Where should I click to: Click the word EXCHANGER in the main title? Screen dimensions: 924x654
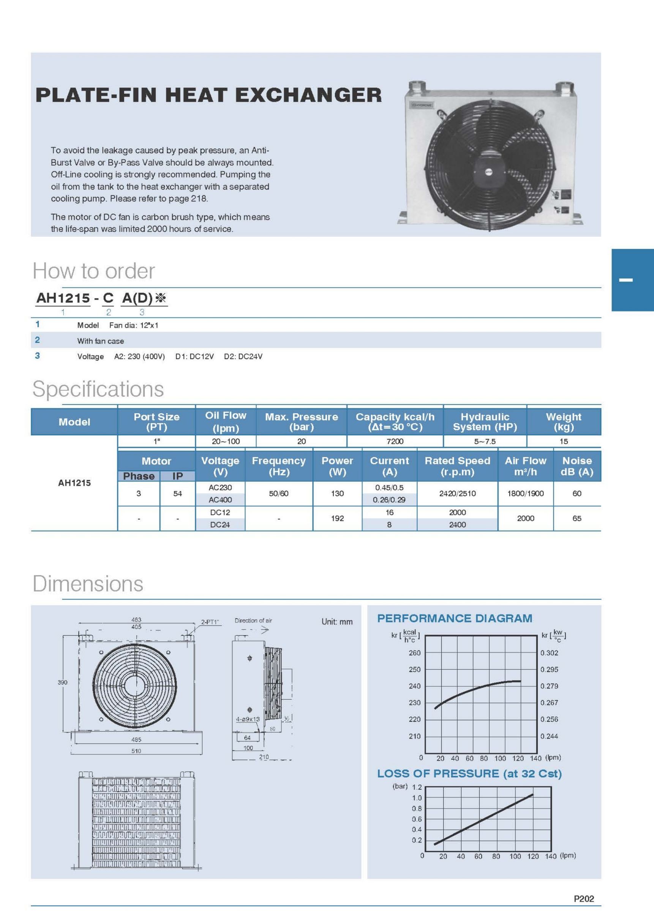tap(308, 95)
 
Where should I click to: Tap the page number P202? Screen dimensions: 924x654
tap(583, 899)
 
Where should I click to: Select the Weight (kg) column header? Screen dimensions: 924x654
tap(563, 422)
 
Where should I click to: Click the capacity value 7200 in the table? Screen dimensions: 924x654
tap(395, 441)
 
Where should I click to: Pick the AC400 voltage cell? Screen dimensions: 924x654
tap(220, 500)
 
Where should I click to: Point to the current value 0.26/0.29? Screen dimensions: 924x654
tap(389, 500)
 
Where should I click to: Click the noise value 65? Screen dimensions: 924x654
tap(577, 518)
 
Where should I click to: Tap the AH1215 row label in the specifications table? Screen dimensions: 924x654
tap(74, 483)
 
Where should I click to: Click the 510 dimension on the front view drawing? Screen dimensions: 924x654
tap(136, 751)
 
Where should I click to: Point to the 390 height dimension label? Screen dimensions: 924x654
tap(62, 682)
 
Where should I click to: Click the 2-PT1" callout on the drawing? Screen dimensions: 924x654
tap(210, 622)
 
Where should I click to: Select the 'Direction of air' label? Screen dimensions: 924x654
tap(253, 620)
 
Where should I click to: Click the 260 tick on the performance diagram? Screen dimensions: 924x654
tap(414, 653)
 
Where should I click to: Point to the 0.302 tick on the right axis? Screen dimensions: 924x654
tap(549, 653)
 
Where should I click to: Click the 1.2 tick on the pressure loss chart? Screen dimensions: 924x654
tap(417, 787)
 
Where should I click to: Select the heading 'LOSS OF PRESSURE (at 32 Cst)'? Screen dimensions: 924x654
tap(469, 773)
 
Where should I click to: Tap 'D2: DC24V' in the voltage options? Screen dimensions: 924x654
tap(243, 357)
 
